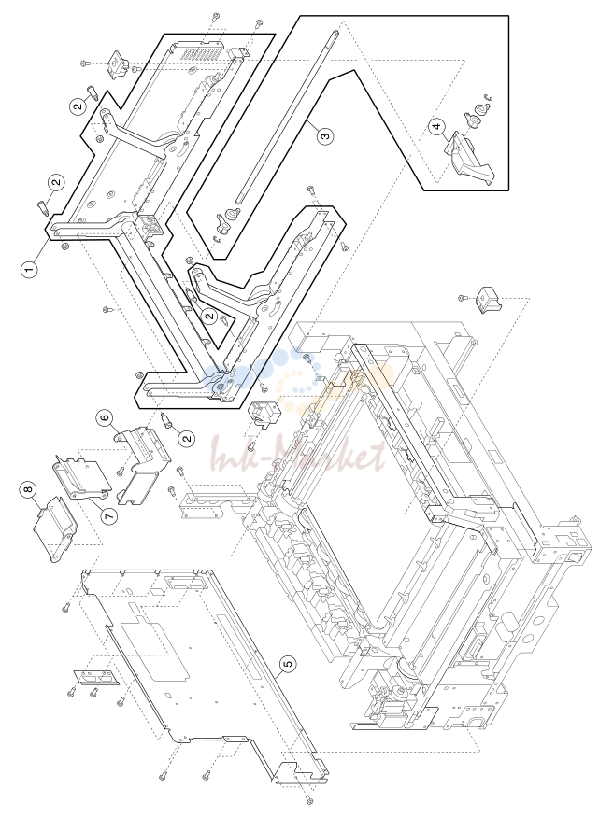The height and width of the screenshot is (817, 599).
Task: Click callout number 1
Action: [x=29, y=270]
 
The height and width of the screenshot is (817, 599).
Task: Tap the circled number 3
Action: [x=325, y=136]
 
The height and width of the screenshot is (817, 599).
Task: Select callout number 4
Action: [x=437, y=125]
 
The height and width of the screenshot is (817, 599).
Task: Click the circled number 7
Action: [x=109, y=514]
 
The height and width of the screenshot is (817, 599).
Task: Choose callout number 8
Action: [x=28, y=488]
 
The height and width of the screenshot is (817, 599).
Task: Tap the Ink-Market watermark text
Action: [x=298, y=457]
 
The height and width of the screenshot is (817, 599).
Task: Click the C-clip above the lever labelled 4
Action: [x=488, y=97]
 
